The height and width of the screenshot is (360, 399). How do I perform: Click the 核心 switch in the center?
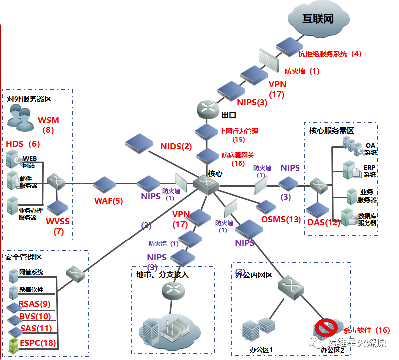pos(206,185)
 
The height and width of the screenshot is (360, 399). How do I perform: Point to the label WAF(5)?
pos(108,201)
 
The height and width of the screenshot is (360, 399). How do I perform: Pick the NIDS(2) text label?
pos(176,146)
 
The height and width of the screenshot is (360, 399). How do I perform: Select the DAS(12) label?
pos(323,222)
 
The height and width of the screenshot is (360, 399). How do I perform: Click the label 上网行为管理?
pos(239,132)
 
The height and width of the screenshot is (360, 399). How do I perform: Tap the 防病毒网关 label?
pos(238,155)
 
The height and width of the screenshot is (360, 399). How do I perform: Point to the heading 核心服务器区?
pos(331,130)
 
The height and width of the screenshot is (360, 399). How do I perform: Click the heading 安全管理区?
pos(23,257)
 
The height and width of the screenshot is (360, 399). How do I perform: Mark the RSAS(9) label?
pos(34,304)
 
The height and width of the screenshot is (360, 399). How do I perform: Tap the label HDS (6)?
pos(22,144)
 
